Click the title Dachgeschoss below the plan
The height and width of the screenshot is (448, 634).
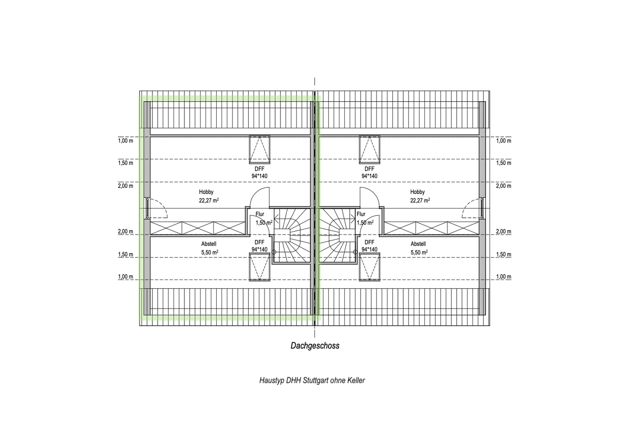315,346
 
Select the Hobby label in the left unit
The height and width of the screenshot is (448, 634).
206,192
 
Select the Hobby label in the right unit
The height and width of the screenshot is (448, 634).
417,192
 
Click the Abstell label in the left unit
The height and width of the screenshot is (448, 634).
209,244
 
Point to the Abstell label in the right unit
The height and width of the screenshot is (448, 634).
418,244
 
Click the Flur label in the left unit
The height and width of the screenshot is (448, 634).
260,214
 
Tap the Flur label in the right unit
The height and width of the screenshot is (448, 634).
361,214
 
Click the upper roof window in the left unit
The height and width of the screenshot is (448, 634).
259,148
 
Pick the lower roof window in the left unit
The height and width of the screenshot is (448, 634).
259,268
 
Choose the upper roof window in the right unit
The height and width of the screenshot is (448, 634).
369,148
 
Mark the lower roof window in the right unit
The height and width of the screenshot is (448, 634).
369,268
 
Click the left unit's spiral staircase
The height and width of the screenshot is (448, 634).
291,235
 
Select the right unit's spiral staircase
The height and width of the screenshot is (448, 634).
338,235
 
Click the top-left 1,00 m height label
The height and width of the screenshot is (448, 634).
125,141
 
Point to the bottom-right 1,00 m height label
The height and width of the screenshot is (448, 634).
504,277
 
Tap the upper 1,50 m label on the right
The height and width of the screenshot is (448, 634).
504,163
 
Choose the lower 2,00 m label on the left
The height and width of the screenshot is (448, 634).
125,231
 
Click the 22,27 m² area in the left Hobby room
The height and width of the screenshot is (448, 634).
209,200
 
